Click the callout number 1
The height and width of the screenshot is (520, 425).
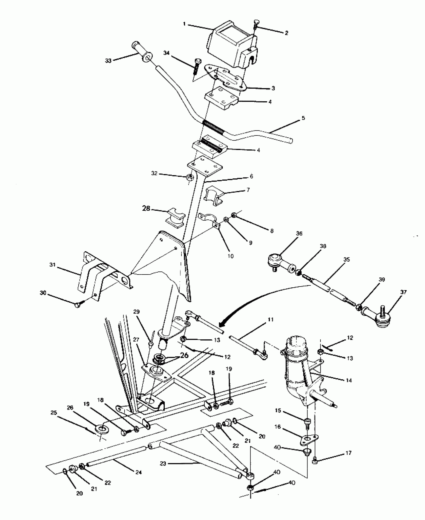[184, 24]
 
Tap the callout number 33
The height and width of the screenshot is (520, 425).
[108, 60]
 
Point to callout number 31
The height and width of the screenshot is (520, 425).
[52, 265]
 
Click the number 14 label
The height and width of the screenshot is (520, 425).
[349, 380]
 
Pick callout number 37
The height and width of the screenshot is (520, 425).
[403, 292]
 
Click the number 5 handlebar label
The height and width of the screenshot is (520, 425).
[303, 118]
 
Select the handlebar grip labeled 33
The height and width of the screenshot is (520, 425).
[142, 51]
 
